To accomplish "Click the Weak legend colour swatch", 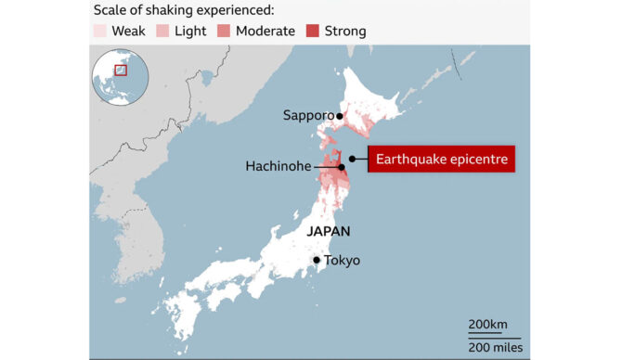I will pyautogui.click(x=100, y=31).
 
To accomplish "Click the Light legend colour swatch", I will pyautogui.click(x=162, y=31).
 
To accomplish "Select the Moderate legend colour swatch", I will pyautogui.click(x=223, y=31).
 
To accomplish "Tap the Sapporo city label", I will pyautogui.click(x=308, y=116).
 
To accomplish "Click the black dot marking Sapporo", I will pyautogui.click(x=341, y=116).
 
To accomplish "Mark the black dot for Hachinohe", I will pyautogui.click(x=341, y=167).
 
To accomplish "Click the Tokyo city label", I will pyautogui.click(x=342, y=260).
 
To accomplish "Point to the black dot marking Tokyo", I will pyautogui.click(x=317, y=260).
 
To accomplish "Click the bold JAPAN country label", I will pyautogui.click(x=329, y=231).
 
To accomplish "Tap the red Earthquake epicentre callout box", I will pyautogui.click(x=441, y=160).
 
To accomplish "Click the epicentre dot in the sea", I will pyautogui.click(x=350, y=167).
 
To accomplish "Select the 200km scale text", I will pyautogui.click(x=486, y=324).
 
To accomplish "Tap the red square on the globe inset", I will pyautogui.click(x=120, y=69).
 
